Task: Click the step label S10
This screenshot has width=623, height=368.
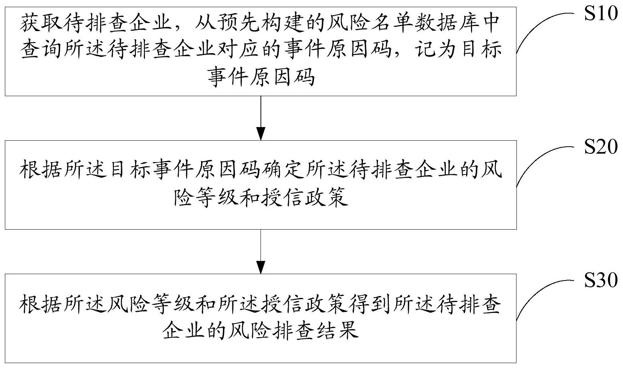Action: click(601, 13)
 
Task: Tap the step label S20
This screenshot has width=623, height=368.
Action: click(601, 146)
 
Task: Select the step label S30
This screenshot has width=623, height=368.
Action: click(601, 280)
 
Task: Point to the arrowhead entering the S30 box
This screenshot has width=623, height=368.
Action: click(260, 267)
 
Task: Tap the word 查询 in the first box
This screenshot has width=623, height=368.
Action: click(41, 50)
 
